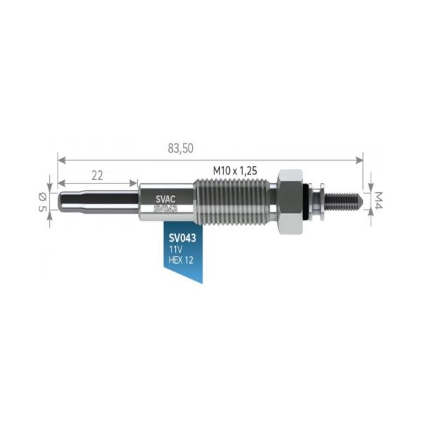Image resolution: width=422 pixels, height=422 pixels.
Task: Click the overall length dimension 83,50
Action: click(x=181, y=148)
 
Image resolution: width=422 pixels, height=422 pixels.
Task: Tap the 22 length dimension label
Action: click(x=97, y=176)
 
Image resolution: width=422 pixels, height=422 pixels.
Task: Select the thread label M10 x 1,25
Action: click(x=235, y=171)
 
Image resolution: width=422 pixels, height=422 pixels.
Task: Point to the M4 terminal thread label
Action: click(x=378, y=200)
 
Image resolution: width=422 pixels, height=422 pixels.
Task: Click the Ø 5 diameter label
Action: click(x=42, y=202)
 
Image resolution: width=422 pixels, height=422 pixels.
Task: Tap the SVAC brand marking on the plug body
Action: click(x=165, y=199)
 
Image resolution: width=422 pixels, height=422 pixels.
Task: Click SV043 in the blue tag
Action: click(x=182, y=238)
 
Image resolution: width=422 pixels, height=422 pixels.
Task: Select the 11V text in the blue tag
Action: click(x=175, y=250)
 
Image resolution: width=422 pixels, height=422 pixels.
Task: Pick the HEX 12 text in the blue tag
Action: click(x=181, y=260)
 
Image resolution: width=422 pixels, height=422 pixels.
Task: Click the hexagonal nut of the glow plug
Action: click(x=291, y=202)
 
